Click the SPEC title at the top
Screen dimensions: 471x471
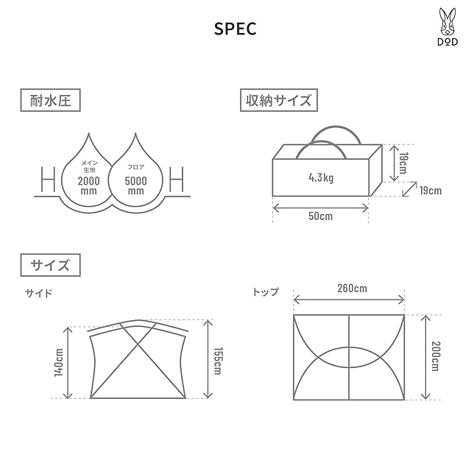[x=235, y=29]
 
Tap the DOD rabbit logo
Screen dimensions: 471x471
[x=447, y=26]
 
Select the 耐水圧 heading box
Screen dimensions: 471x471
[x=51, y=100]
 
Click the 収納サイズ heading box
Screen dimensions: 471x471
[x=279, y=100]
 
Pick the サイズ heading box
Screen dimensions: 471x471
[x=51, y=265]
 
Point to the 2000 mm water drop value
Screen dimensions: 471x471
[x=88, y=185]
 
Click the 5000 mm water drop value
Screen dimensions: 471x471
[x=135, y=185]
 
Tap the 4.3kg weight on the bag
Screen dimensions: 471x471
[x=321, y=177]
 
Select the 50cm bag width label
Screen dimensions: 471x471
[x=321, y=216]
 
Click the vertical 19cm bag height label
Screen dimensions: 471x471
[x=403, y=163]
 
